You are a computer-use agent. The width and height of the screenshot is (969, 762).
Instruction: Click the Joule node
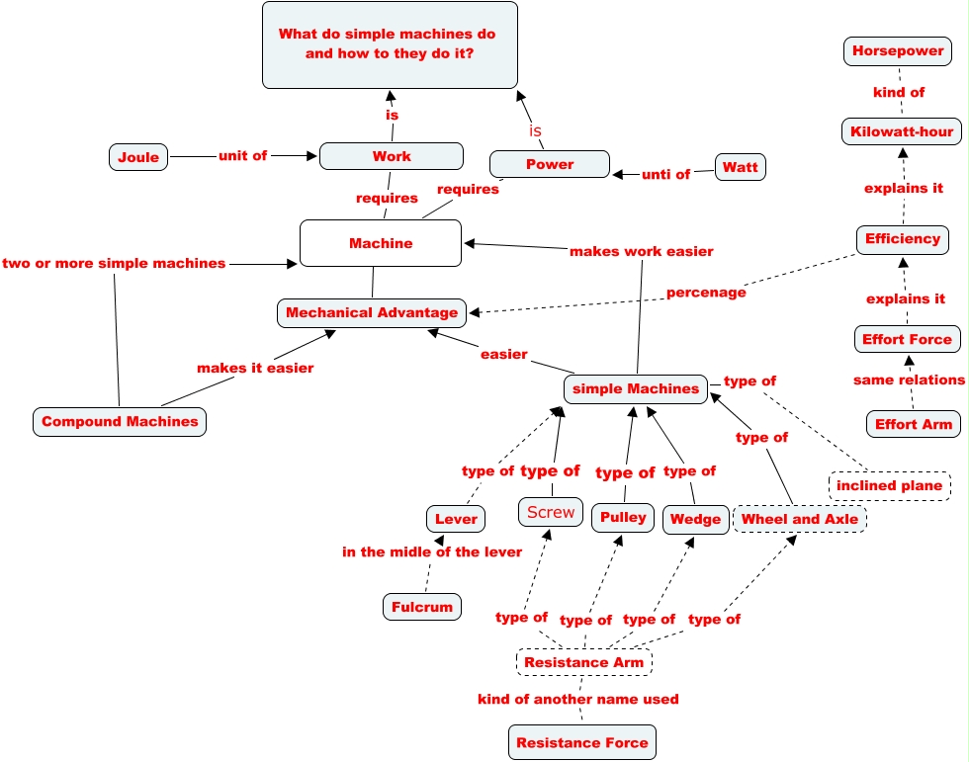pyautogui.click(x=138, y=157)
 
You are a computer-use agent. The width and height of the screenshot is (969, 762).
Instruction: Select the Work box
pyautogui.click(x=392, y=156)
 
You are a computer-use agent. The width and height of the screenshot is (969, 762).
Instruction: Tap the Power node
pyautogui.click(x=550, y=164)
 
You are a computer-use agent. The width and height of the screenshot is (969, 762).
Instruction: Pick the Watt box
pyautogui.click(x=741, y=167)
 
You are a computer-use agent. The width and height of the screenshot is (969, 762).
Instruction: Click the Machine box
pyautogui.click(x=381, y=243)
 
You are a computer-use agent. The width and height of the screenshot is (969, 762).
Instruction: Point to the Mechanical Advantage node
pyautogui.click(x=372, y=313)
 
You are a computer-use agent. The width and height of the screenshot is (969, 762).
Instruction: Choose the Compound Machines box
pyautogui.click(x=120, y=422)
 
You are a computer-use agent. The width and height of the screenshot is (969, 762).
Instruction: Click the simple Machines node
pyautogui.click(x=636, y=389)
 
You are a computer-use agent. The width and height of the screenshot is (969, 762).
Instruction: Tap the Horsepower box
pyautogui.click(x=898, y=51)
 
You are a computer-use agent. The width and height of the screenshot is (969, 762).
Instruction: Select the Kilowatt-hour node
pyautogui.click(x=902, y=131)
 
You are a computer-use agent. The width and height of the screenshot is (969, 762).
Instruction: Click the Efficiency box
pyautogui.click(x=903, y=239)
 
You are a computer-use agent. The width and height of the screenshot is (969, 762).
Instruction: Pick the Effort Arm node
pyautogui.click(x=914, y=424)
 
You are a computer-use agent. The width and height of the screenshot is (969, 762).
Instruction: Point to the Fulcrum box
pyautogui.click(x=422, y=607)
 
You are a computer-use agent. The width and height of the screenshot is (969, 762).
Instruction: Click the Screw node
pyautogui.click(x=551, y=512)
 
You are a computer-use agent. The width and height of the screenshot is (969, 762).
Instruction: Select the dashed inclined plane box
pyautogui.click(x=890, y=486)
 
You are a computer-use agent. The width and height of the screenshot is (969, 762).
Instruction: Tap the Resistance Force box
pyautogui.click(x=582, y=742)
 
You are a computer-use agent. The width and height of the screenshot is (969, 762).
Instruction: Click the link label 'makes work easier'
pyautogui.click(x=642, y=251)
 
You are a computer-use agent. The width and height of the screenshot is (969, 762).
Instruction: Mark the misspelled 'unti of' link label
pyautogui.click(x=665, y=175)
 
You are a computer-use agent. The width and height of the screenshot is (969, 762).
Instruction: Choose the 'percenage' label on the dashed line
pyautogui.click(x=706, y=293)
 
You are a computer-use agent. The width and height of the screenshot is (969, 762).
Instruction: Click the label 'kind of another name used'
pyautogui.click(x=578, y=699)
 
